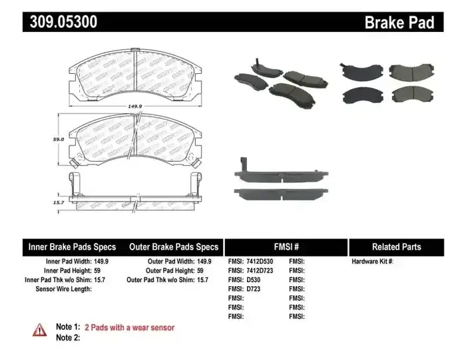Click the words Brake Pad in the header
(399, 23)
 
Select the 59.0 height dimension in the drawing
(58, 139)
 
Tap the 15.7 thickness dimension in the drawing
(58, 202)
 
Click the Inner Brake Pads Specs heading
(72, 247)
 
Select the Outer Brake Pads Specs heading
(173, 247)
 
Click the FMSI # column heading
(286, 247)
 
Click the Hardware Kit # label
(372, 262)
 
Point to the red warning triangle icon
(40, 329)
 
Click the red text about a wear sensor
(129, 327)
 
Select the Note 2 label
(68, 337)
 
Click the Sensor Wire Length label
(64, 289)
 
